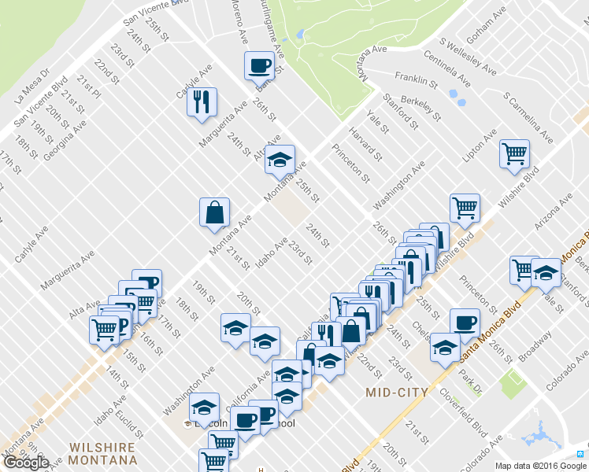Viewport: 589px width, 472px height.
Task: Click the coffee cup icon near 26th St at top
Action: tap(259, 66)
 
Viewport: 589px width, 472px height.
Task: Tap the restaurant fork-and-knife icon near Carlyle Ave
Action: tap(202, 102)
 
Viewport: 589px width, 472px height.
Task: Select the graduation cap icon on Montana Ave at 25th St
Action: tap(280, 160)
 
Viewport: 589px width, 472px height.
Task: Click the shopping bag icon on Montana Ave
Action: tap(214, 212)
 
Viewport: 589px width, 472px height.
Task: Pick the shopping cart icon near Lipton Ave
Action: tap(515, 153)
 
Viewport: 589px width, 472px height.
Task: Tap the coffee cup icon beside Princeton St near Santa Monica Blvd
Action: tap(465, 323)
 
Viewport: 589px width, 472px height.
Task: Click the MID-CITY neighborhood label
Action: tap(398, 392)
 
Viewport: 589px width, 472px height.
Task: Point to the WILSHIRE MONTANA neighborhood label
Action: tap(103, 453)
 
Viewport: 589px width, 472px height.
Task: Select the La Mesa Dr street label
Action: tap(32, 87)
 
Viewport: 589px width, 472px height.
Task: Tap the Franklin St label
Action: tap(417, 79)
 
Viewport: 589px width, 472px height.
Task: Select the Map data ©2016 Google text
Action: tap(535, 465)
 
